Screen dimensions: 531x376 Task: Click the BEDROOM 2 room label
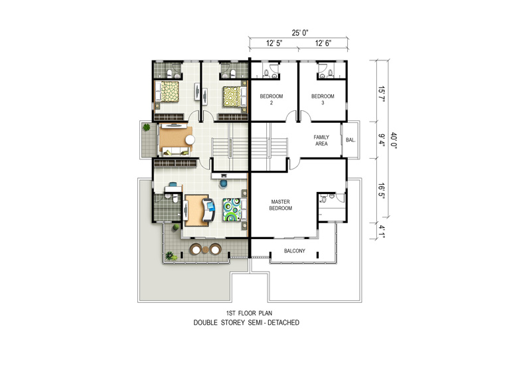pyautogui.click(x=271, y=100)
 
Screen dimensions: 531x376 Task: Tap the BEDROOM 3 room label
pyautogui.click(x=323, y=100)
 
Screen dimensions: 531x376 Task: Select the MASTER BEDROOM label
pyautogui.click(x=280, y=205)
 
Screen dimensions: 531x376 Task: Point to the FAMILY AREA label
pyautogui.click(x=321, y=140)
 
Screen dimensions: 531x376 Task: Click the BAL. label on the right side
pyautogui.click(x=350, y=140)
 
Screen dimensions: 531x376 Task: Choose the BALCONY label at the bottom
pyautogui.click(x=294, y=251)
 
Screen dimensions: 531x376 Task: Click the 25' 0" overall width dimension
pyautogui.click(x=300, y=33)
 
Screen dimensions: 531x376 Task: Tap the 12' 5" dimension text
pyautogui.click(x=274, y=43)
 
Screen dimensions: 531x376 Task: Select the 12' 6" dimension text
pyautogui.click(x=323, y=43)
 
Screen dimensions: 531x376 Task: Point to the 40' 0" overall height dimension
pyautogui.click(x=393, y=140)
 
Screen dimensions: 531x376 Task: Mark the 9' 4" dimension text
pyautogui.click(x=382, y=140)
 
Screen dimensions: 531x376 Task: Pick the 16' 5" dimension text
pyautogui.click(x=382, y=191)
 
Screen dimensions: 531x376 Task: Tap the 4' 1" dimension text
pyautogui.click(x=382, y=232)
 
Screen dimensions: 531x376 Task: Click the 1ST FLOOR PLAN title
pyautogui.click(x=249, y=313)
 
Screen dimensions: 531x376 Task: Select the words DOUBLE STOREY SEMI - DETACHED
pyautogui.click(x=246, y=322)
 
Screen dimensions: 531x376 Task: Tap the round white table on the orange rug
pyautogui.click(x=190, y=140)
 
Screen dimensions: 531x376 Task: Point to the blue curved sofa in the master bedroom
pyautogui.click(x=208, y=210)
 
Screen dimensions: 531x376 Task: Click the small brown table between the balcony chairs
pyautogui.click(x=206, y=250)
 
